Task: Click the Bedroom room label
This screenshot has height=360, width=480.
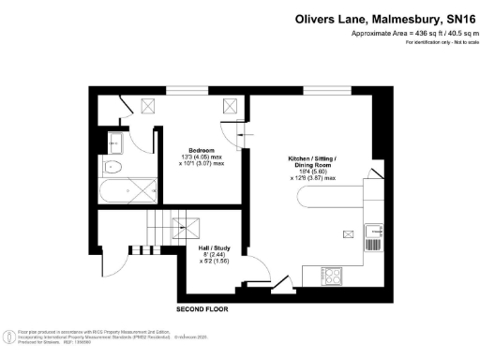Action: [x=202, y=150]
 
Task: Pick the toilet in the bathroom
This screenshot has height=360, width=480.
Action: [x=112, y=168]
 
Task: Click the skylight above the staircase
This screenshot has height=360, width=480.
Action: [x=186, y=225]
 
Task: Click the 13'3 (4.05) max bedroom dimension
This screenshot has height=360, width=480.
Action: [x=202, y=157]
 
